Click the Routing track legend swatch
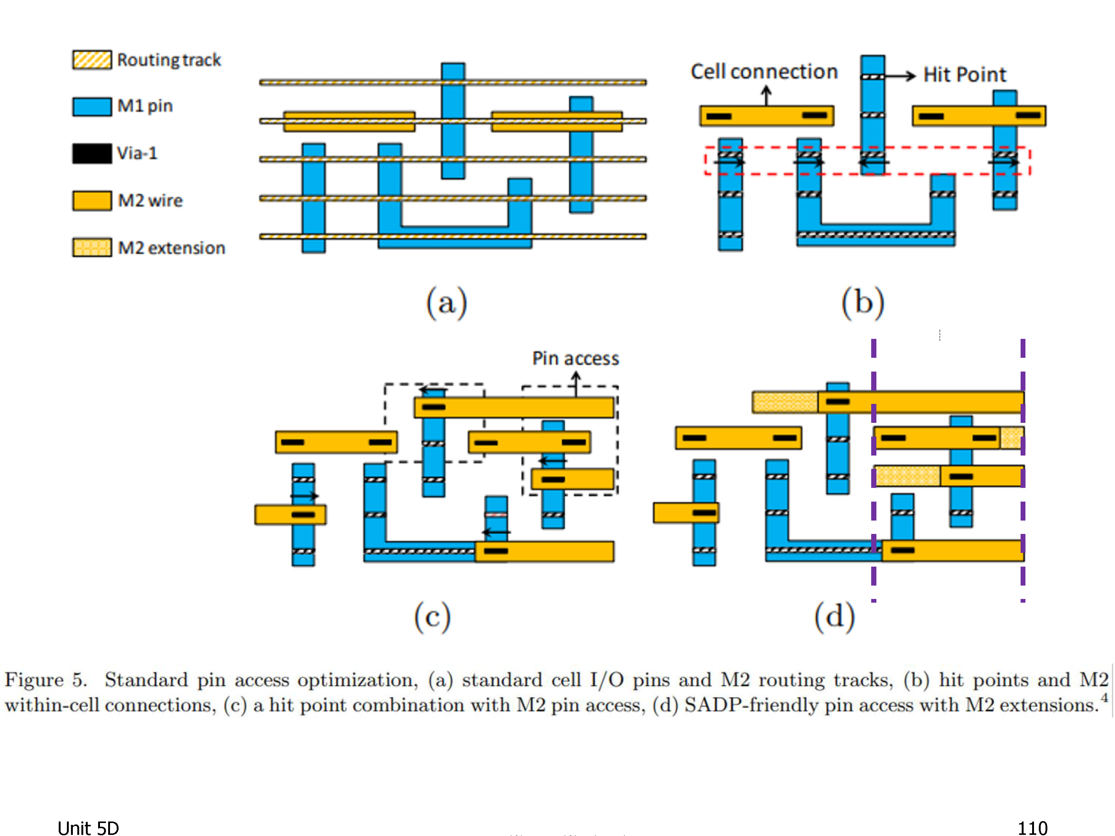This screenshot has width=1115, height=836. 92,59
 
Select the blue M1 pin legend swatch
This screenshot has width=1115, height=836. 92,106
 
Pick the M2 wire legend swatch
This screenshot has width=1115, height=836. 92,201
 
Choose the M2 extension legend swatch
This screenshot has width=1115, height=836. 92,247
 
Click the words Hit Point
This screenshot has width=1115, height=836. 964,75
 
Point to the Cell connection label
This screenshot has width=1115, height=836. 764,72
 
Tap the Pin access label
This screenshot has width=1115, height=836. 576,358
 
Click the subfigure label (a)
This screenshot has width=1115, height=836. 447,303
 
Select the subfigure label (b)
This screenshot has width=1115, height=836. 863,303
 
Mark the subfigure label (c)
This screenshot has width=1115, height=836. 433,617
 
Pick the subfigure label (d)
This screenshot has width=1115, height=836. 835,617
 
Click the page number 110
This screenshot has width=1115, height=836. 1032,828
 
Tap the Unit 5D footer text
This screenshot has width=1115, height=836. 88,828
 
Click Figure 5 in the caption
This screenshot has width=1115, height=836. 45,680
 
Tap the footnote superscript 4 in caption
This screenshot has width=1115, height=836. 1104,698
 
